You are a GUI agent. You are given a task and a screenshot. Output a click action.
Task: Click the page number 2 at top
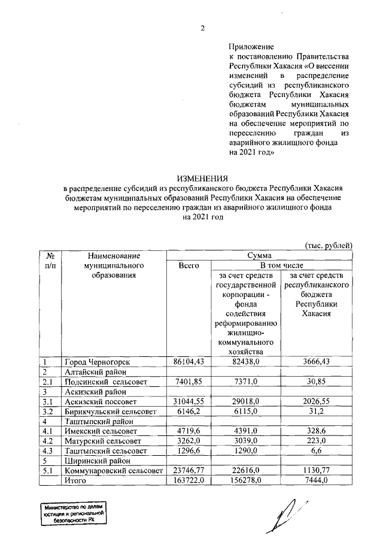202,28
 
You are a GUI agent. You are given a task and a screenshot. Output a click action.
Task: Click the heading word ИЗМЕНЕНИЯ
202,178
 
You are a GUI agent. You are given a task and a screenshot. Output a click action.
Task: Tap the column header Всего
189,265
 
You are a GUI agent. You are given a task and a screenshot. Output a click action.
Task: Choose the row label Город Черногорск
94,362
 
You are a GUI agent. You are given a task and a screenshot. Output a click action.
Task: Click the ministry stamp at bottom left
71,513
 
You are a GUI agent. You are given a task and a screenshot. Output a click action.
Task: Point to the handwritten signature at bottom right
287,513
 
